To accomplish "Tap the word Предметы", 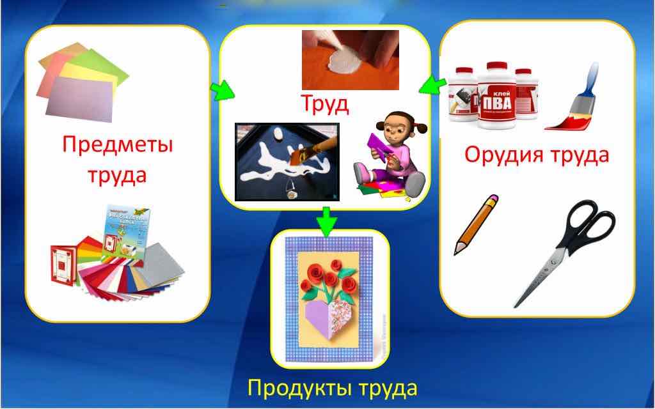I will [x=118, y=144].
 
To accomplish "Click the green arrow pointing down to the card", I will [x=327, y=220].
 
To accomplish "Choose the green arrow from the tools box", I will [x=436, y=84].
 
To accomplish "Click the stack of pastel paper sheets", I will [x=82, y=79].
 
